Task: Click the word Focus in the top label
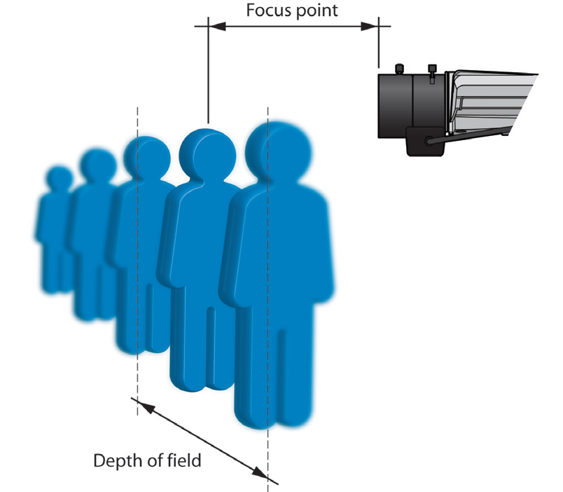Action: click(267, 11)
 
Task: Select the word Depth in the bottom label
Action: click(113, 460)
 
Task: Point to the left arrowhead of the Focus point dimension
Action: click(216, 26)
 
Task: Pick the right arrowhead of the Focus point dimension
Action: click(370, 26)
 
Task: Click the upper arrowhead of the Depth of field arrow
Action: click(139, 404)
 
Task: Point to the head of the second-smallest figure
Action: click(97, 165)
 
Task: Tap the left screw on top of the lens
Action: click(399, 68)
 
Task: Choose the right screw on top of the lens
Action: click(431, 70)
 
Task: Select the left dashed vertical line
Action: click(138, 280)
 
